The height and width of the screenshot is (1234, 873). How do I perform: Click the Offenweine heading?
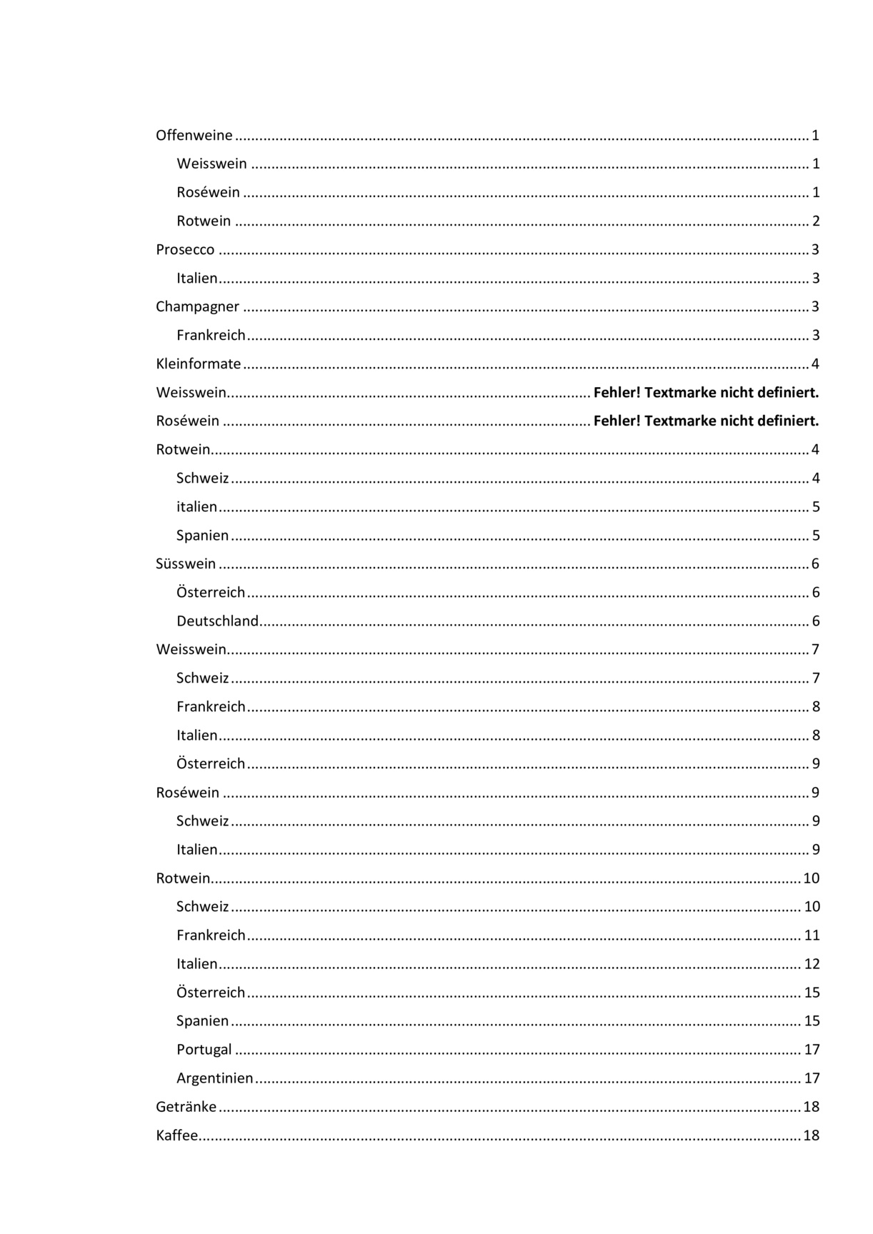pyautogui.click(x=194, y=135)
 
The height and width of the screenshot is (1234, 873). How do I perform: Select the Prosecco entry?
pyautogui.click(x=185, y=249)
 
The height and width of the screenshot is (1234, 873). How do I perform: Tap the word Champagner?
pyautogui.click(x=198, y=307)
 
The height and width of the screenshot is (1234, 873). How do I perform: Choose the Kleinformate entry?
pyautogui.click(x=199, y=364)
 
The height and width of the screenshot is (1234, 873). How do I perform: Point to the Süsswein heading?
pyautogui.click(x=186, y=564)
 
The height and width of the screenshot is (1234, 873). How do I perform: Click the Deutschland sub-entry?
pyautogui.click(x=217, y=621)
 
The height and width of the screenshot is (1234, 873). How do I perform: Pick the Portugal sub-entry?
pyautogui.click(x=204, y=1050)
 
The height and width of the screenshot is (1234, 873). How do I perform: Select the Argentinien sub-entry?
pyautogui.click(x=215, y=1078)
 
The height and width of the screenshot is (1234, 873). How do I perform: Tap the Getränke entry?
pyautogui.click(x=186, y=1107)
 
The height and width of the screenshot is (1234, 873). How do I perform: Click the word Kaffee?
pyautogui.click(x=176, y=1135)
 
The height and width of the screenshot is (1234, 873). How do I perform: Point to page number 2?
pyautogui.click(x=816, y=221)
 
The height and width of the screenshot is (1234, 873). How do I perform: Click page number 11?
pyautogui.click(x=812, y=935)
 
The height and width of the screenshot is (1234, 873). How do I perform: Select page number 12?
pyautogui.click(x=812, y=964)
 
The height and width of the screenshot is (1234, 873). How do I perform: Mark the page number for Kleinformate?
pyautogui.click(x=816, y=364)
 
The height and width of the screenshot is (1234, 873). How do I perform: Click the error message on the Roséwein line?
pyautogui.click(x=706, y=421)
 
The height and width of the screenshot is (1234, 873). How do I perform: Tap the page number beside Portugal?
pyautogui.click(x=812, y=1050)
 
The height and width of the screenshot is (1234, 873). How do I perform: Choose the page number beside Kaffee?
pyautogui.click(x=812, y=1135)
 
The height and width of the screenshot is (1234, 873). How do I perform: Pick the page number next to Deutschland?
pyautogui.click(x=816, y=621)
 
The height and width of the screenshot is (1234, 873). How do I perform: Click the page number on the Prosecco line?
pyautogui.click(x=816, y=249)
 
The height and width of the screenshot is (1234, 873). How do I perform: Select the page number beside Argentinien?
pyautogui.click(x=812, y=1078)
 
